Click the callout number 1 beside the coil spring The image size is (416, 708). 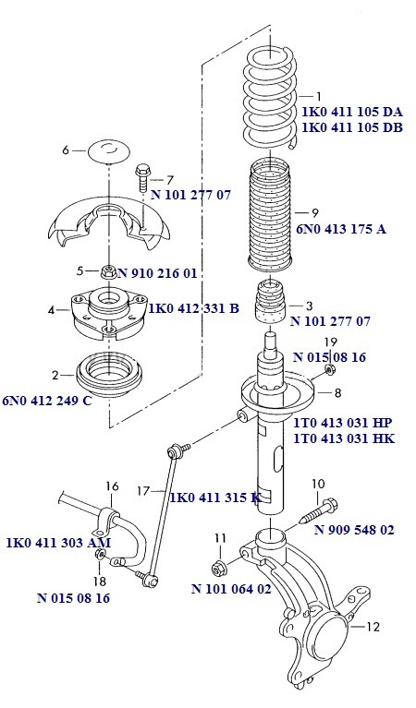(319, 96)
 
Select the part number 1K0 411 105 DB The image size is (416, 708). (351, 128)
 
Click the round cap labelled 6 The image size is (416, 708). (110, 150)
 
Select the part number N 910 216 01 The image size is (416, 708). (163, 273)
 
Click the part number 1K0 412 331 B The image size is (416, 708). (193, 307)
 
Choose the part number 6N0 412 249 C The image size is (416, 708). (46, 400)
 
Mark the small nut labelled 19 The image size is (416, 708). (329, 371)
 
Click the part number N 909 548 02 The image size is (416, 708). (354, 530)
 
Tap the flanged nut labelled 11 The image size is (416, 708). (220, 567)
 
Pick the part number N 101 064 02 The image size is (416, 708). (231, 588)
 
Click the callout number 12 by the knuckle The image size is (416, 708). (373, 628)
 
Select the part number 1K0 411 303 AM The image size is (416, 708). (58, 543)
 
